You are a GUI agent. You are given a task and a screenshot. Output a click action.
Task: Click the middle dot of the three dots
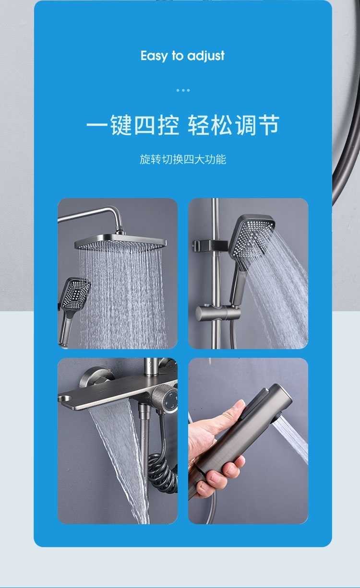(x=183, y=90)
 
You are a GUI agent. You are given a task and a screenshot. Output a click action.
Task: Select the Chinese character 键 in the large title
(x=121, y=125)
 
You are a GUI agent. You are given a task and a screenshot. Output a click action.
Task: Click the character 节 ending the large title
(x=269, y=125)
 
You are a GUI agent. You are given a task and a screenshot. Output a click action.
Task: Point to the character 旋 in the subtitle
(x=145, y=159)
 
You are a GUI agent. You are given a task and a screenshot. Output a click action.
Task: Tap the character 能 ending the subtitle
(x=221, y=159)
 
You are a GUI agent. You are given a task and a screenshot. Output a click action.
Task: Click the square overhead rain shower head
(x=120, y=243)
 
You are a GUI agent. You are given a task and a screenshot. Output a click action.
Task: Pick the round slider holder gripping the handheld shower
(x=217, y=313)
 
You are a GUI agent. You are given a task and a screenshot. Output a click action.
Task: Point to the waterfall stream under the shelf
(x=118, y=457)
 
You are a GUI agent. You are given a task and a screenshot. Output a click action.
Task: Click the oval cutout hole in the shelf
(x=65, y=399)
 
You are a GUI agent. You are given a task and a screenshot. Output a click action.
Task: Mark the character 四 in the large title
(x=145, y=125)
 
